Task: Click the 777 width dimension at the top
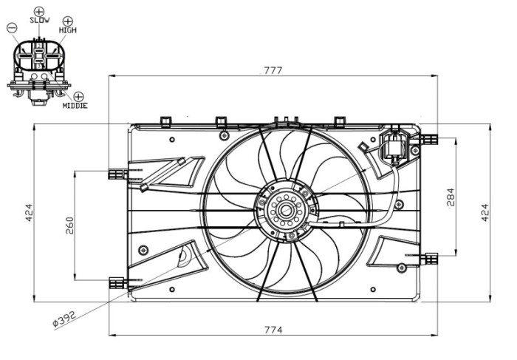coord(273,70)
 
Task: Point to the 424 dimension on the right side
coord(485,213)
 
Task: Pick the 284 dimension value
coord(450,195)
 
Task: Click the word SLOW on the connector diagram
coord(40,21)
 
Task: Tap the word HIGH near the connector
coord(67,30)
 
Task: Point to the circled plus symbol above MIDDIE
coord(79,96)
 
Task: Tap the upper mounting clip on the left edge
coord(117,173)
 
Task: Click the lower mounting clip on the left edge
coord(117,282)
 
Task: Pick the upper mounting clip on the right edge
coord(428,138)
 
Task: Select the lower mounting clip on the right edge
coord(429,258)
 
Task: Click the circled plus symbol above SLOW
coord(40,10)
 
